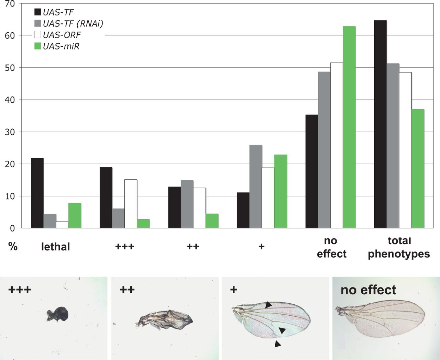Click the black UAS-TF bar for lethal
[37, 193]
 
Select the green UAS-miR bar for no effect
[349, 127]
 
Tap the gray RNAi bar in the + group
[256, 187]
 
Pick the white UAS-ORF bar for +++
[131, 204]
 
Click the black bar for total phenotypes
[380, 124]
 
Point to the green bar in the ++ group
[212, 221]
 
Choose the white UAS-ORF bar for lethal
[62, 225]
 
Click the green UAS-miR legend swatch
[38, 46]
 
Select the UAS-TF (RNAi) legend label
[73, 23]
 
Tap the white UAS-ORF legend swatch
[38, 35]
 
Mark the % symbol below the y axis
[13, 246]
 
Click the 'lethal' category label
[55, 247]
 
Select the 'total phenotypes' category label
[399, 247]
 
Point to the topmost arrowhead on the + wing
[268, 305]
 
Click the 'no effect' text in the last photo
[368, 290]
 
